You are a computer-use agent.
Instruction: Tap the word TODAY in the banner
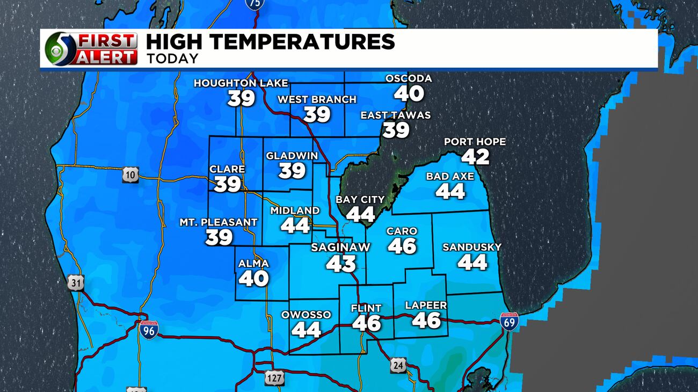[x=172, y=59]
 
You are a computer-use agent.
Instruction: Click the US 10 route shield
[x=130, y=175]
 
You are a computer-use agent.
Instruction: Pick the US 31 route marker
[x=76, y=283]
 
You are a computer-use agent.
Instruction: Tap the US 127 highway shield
[x=273, y=378]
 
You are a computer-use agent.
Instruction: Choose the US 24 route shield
[x=398, y=365]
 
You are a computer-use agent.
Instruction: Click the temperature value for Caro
[x=402, y=245]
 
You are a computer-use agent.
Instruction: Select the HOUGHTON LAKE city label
[x=241, y=83]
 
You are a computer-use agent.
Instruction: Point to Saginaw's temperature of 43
[x=341, y=263]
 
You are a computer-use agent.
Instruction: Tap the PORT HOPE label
[x=475, y=142]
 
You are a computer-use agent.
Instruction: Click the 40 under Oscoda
[x=409, y=93]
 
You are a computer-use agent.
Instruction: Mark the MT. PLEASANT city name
[x=219, y=222]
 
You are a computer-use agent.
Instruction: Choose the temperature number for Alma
[x=253, y=278]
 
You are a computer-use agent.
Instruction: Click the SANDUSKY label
[x=472, y=247]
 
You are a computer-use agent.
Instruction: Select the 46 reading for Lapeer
[x=426, y=320]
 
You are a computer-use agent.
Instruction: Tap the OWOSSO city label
[x=306, y=315]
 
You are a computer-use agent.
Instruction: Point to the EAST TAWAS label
[x=395, y=115]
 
